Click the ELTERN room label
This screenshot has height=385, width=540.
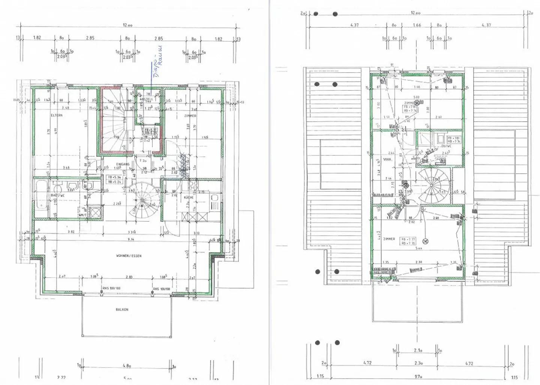(x=57, y=116)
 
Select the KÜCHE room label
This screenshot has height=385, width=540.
(x=189, y=197)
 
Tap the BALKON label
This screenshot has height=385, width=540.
(x=122, y=310)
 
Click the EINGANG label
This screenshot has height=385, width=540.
(x=123, y=164)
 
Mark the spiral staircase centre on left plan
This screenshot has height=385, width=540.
(x=142, y=200)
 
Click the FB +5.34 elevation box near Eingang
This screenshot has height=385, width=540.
(x=114, y=179)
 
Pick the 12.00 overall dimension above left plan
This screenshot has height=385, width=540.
(x=127, y=25)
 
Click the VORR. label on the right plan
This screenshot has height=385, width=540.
(x=387, y=159)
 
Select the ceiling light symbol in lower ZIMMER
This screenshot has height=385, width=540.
(x=425, y=241)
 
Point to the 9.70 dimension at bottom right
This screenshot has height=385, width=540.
(x=416, y=376)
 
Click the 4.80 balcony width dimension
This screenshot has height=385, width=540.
(x=127, y=365)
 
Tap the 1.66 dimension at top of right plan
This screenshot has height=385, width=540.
(x=417, y=25)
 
